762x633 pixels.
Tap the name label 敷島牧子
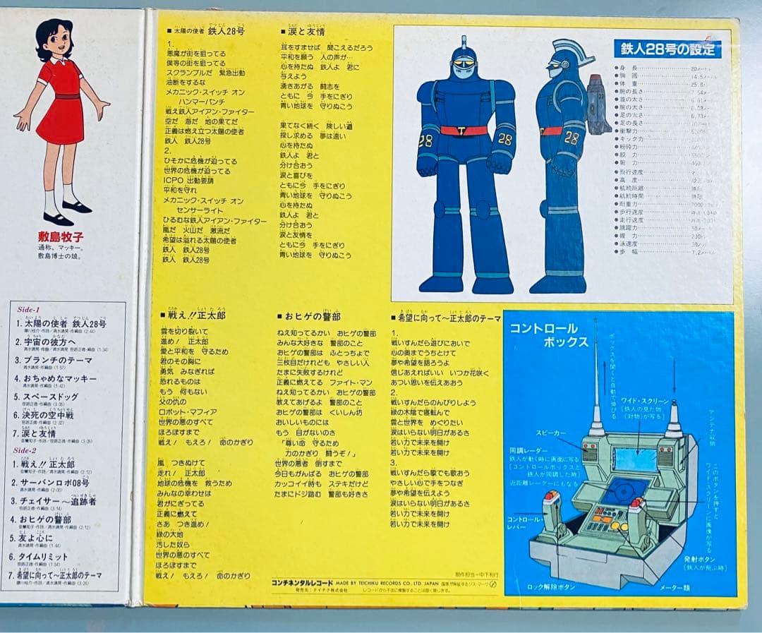(61, 237)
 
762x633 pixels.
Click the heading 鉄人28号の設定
(667, 49)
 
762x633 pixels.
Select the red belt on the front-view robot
(464, 131)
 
